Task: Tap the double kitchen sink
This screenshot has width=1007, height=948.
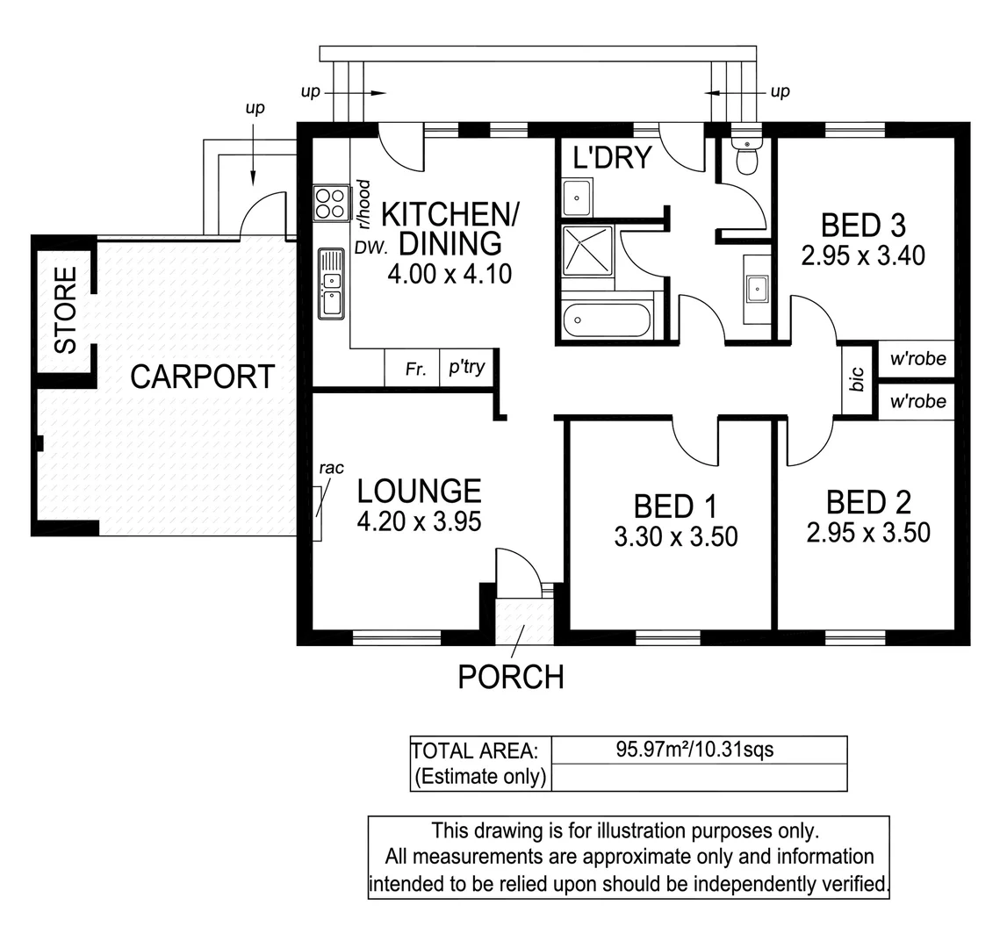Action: (x=331, y=283)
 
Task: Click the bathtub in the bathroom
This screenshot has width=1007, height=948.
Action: (x=606, y=320)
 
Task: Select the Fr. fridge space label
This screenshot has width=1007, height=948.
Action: (x=416, y=370)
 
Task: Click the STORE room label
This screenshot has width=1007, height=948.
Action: (x=66, y=310)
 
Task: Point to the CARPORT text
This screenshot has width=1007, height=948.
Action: (x=202, y=377)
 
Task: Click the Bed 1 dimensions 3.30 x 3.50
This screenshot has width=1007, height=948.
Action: (x=675, y=536)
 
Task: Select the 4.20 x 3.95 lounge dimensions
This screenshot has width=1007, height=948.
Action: (x=419, y=521)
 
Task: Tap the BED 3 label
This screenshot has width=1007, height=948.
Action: (x=862, y=226)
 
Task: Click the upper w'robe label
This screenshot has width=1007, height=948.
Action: (x=917, y=358)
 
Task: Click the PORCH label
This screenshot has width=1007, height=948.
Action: (x=510, y=677)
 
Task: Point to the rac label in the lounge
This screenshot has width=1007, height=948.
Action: (x=330, y=469)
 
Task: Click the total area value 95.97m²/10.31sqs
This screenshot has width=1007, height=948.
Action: (x=694, y=750)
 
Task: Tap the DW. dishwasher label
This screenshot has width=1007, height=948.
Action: (x=370, y=249)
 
